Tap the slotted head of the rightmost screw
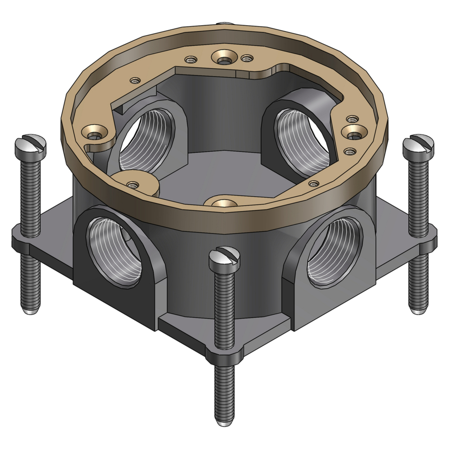coord(418,144)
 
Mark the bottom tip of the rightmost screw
coord(418,310)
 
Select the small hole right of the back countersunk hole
coord(246,58)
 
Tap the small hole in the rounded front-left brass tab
coord(132,184)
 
